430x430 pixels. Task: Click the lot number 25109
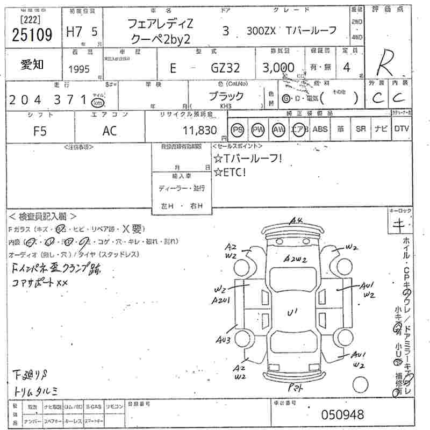32,35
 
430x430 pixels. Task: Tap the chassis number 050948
342,414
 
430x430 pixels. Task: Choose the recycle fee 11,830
199,130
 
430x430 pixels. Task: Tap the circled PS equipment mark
238,130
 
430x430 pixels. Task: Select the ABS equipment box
320,130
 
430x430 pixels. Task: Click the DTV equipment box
401,130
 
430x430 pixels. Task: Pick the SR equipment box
360,130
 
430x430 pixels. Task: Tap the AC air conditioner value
110,131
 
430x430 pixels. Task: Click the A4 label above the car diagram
297,220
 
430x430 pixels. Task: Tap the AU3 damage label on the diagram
224,340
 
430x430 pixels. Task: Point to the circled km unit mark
97,102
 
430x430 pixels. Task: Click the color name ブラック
226,97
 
